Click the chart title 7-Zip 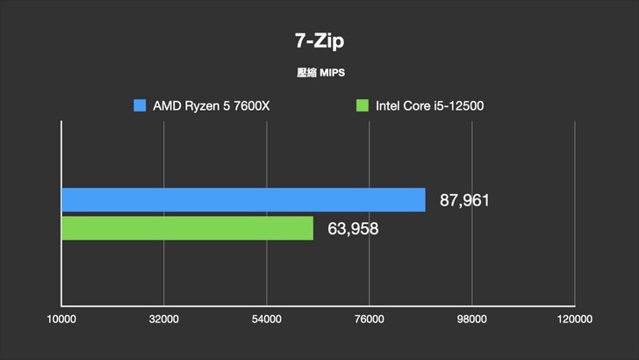point(319,40)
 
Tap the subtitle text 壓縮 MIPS point(319,73)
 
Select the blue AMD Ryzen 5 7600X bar point(243,199)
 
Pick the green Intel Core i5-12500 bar point(187,228)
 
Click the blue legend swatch point(140,106)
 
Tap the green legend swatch point(362,106)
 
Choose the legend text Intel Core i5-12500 point(430,106)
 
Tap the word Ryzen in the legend point(203,106)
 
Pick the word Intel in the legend point(389,106)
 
